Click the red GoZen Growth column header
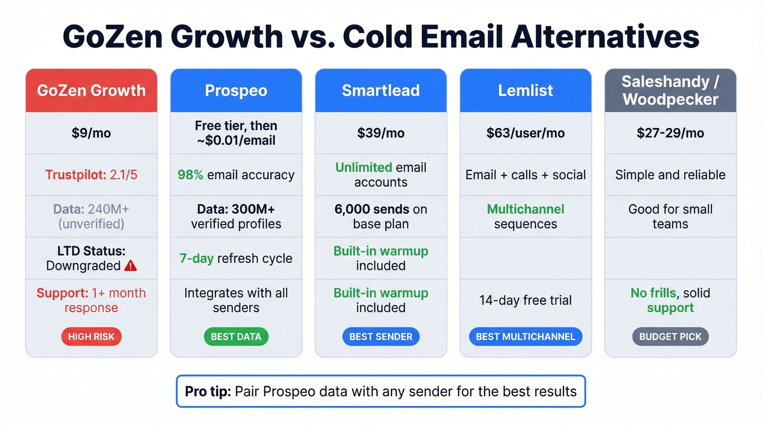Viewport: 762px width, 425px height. pyautogui.click(x=91, y=90)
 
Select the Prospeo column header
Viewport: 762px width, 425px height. pyautogui.click(x=236, y=90)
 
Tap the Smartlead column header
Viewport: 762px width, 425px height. pyautogui.click(x=380, y=90)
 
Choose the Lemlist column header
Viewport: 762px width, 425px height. pyautogui.click(x=525, y=90)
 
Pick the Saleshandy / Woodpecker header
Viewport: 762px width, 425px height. pyautogui.click(x=670, y=90)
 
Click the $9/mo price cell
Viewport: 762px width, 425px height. pyautogui.click(x=91, y=133)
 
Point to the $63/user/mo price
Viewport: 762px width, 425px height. pyautogui.click(x=525, y=133)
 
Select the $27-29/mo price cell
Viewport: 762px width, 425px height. pyautogui.click(x=670, y=133)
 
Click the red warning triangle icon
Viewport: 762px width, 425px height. pyautogui.click(x=131, y=266)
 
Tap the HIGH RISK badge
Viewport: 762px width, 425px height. pyautogui.click(x=91, y=337)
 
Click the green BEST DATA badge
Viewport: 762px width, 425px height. pyautogui.click(x=236, y=337)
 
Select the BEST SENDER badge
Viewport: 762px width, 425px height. pyautogui.click(x=380, y=337)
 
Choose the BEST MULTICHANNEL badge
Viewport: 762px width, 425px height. pyautogui.click(x=525, y=337)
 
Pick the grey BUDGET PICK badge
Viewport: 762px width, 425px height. pyautogui.click(x=670, y=337)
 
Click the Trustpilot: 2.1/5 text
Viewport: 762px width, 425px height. pyautogui.click(x=91, y=175)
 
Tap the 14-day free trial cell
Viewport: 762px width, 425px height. pyautogui.click(x=525, y=300)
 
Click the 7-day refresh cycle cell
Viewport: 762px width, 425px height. pyautogui.click(x=236, y=258)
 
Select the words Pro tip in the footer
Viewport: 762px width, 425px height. pyautogui.click(x=207, y=391)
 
